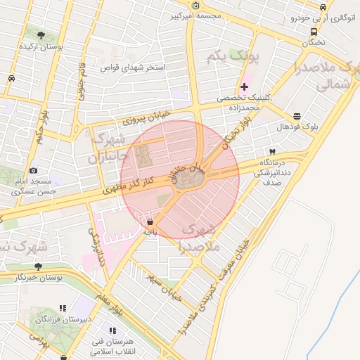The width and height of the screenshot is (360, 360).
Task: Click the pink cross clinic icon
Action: point(244,87)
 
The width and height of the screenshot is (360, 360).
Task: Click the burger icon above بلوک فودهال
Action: point(297,116)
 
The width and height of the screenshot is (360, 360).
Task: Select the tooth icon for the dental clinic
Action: point(271,152)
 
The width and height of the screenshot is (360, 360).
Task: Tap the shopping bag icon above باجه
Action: point(150,221)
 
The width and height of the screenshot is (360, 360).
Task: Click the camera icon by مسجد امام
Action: point(33,170)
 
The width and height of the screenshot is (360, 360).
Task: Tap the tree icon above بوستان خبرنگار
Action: point(38,266)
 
